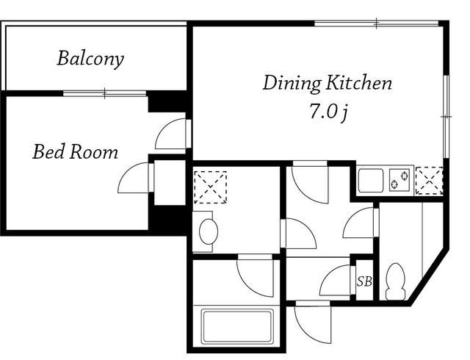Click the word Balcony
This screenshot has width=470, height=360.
(90, 59)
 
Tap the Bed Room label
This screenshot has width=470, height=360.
(75, 152)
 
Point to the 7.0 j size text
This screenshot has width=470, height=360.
(329, 112)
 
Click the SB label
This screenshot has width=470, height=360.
(364, 281)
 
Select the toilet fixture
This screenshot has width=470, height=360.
(396, 281)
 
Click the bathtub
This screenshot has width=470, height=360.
(236, 326)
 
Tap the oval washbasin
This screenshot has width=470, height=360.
(209, 231)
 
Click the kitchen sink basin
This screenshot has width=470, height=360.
(371, 180)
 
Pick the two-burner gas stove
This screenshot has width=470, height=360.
(399, 180)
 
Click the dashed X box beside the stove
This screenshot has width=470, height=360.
(429, 181)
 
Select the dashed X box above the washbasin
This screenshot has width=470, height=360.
(211, 187)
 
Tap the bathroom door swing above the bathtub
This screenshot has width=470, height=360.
(256, 276)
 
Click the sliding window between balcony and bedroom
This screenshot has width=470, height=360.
(104, 93)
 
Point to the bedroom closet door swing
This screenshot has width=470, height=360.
(136, 178)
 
